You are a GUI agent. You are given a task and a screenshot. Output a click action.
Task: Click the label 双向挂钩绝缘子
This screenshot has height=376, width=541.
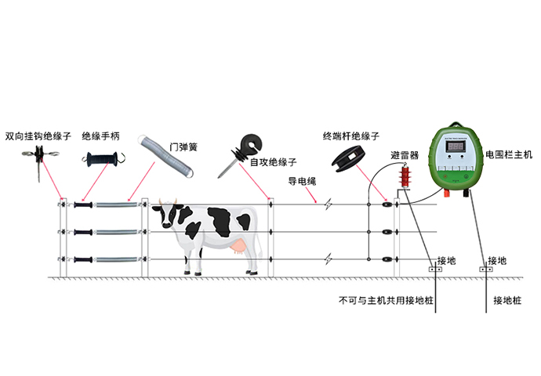pos(38,136)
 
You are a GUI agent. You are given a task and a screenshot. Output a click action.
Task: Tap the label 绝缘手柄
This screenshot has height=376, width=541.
pos(100,136)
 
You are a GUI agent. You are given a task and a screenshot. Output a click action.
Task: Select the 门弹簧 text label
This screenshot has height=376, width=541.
pos(183,147)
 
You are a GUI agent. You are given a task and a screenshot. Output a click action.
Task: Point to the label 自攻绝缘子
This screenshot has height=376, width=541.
pos(273,162)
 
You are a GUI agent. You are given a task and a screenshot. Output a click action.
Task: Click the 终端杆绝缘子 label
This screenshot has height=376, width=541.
pos(351,136)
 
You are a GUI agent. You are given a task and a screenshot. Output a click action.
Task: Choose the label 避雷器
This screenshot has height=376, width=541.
pos(405,155)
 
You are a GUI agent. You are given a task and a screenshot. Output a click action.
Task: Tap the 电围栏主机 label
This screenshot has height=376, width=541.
pos(509,154)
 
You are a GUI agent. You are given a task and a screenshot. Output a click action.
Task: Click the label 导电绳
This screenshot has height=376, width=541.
pos(302,181)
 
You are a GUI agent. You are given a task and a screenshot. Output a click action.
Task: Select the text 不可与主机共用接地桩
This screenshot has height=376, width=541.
pos(386,301)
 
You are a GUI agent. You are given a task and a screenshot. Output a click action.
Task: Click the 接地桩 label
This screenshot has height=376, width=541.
pos(507,301)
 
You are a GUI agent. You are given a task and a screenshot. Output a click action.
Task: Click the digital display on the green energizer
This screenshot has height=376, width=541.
pos(456,146)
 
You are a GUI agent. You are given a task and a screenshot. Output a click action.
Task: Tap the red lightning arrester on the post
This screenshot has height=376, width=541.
pos(405,177)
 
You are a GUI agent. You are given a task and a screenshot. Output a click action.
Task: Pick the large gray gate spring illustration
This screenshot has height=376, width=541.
pos(165,156)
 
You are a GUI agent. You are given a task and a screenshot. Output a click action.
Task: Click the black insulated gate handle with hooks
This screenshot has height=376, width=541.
pos(103,159)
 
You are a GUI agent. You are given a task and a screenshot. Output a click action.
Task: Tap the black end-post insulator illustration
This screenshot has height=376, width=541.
pos(348,158)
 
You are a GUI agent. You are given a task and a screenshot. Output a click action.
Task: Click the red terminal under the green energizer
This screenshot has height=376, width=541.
pos(446,193)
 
